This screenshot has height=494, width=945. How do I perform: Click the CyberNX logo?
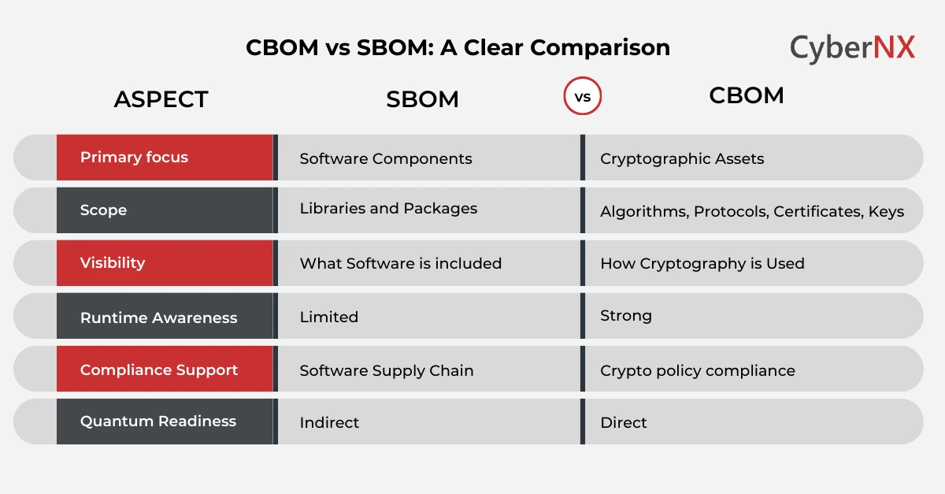point(852,48)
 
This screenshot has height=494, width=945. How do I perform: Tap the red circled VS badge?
point(583,97)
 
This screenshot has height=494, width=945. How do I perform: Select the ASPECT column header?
point(161,99)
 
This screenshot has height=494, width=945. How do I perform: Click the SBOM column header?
point(422,99)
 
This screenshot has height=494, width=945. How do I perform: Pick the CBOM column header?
point(746,95)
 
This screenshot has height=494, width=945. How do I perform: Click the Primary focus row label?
point(134,157)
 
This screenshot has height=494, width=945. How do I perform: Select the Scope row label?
point(103,210)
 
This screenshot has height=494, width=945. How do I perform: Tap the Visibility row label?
point(113,262)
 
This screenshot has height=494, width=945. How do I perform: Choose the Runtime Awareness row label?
point(158,318)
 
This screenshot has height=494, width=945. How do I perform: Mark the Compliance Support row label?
point(158,370)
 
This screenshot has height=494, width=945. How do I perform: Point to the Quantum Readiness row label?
point(157,421)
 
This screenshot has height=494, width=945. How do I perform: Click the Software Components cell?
point(386,158)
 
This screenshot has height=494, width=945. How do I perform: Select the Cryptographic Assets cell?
point(682,158)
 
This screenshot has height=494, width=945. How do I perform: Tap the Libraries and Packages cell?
point(388,209)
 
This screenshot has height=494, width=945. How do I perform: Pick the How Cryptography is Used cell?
point(702,264)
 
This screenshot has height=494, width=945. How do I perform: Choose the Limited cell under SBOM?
point(328,317)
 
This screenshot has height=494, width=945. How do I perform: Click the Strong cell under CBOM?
point(626,316)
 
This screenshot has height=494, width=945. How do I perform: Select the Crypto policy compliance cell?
point(697,370)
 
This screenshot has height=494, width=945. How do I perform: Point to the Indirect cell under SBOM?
point(329,422)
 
